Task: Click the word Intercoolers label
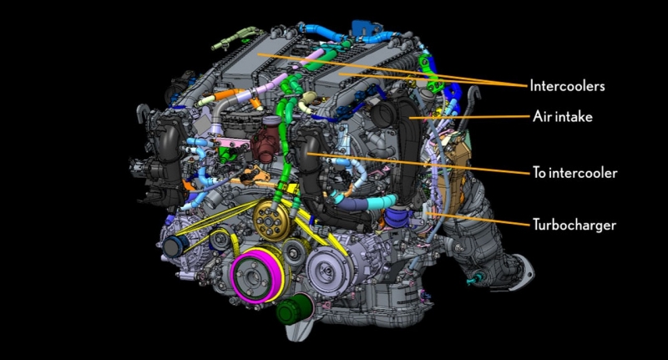(567, 86)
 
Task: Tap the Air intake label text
(562, 117)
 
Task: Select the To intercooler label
(574, 173)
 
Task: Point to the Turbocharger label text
(574, 225)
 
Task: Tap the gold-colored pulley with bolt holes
(269, 221)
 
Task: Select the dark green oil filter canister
(292, 310)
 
